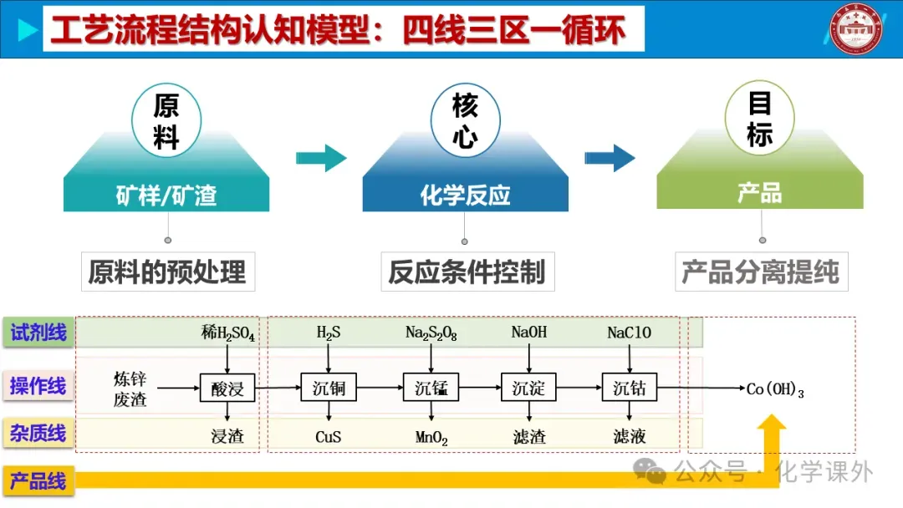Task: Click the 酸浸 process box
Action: (227, 388)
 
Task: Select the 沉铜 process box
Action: (329, 388)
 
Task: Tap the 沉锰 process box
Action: (431, 388)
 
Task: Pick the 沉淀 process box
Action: (528, 388)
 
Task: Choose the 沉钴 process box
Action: (630, 388)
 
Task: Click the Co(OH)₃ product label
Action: (774, 389)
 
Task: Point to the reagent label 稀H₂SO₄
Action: (227, 334)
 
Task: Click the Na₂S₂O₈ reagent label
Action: (431, 333)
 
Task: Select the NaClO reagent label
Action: (629, 333)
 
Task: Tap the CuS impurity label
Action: (328, 437)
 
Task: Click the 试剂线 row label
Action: (38, 333)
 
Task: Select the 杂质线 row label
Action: (38, 434)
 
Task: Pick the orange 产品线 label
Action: (38, 481)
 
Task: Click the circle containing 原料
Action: (166, 120)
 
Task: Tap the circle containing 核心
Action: (466, 120)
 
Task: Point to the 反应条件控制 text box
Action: (467, 272)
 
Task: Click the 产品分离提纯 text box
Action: (761, 272)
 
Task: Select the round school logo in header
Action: (860, 30)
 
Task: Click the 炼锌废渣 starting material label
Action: (130, 389)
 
